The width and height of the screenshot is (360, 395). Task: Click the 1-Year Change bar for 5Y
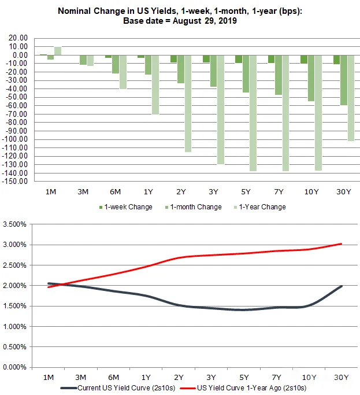click(253, 113)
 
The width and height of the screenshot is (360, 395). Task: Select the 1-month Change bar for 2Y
click(180, 69)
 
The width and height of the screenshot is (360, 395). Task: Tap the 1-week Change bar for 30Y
click(336, 60)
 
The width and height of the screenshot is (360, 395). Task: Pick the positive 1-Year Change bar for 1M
click(58, 51)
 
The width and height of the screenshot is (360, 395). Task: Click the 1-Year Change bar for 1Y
click(155, 85)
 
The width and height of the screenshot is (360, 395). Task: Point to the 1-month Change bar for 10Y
click(311, 78)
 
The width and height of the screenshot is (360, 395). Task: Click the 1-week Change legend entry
click(126, 207)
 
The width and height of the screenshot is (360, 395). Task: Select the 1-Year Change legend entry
click(260, 207)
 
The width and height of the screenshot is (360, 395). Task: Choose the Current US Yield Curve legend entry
click(117, 388)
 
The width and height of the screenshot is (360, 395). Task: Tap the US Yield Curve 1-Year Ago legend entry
click(243, 388)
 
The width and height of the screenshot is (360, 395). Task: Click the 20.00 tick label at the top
click(18, 38)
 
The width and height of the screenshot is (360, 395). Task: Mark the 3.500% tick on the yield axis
click(14, 224)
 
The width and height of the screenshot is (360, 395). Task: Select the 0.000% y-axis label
click(14, 367)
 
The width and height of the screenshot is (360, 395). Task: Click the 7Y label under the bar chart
click(279, 192)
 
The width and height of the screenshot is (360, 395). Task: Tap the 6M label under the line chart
click(113, 378)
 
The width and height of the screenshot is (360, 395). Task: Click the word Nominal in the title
click(75, 11)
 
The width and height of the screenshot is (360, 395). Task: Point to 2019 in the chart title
click(228, 21)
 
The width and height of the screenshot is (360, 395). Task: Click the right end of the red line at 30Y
click(342, 244)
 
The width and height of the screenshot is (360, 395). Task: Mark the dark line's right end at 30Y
click(342, 286)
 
